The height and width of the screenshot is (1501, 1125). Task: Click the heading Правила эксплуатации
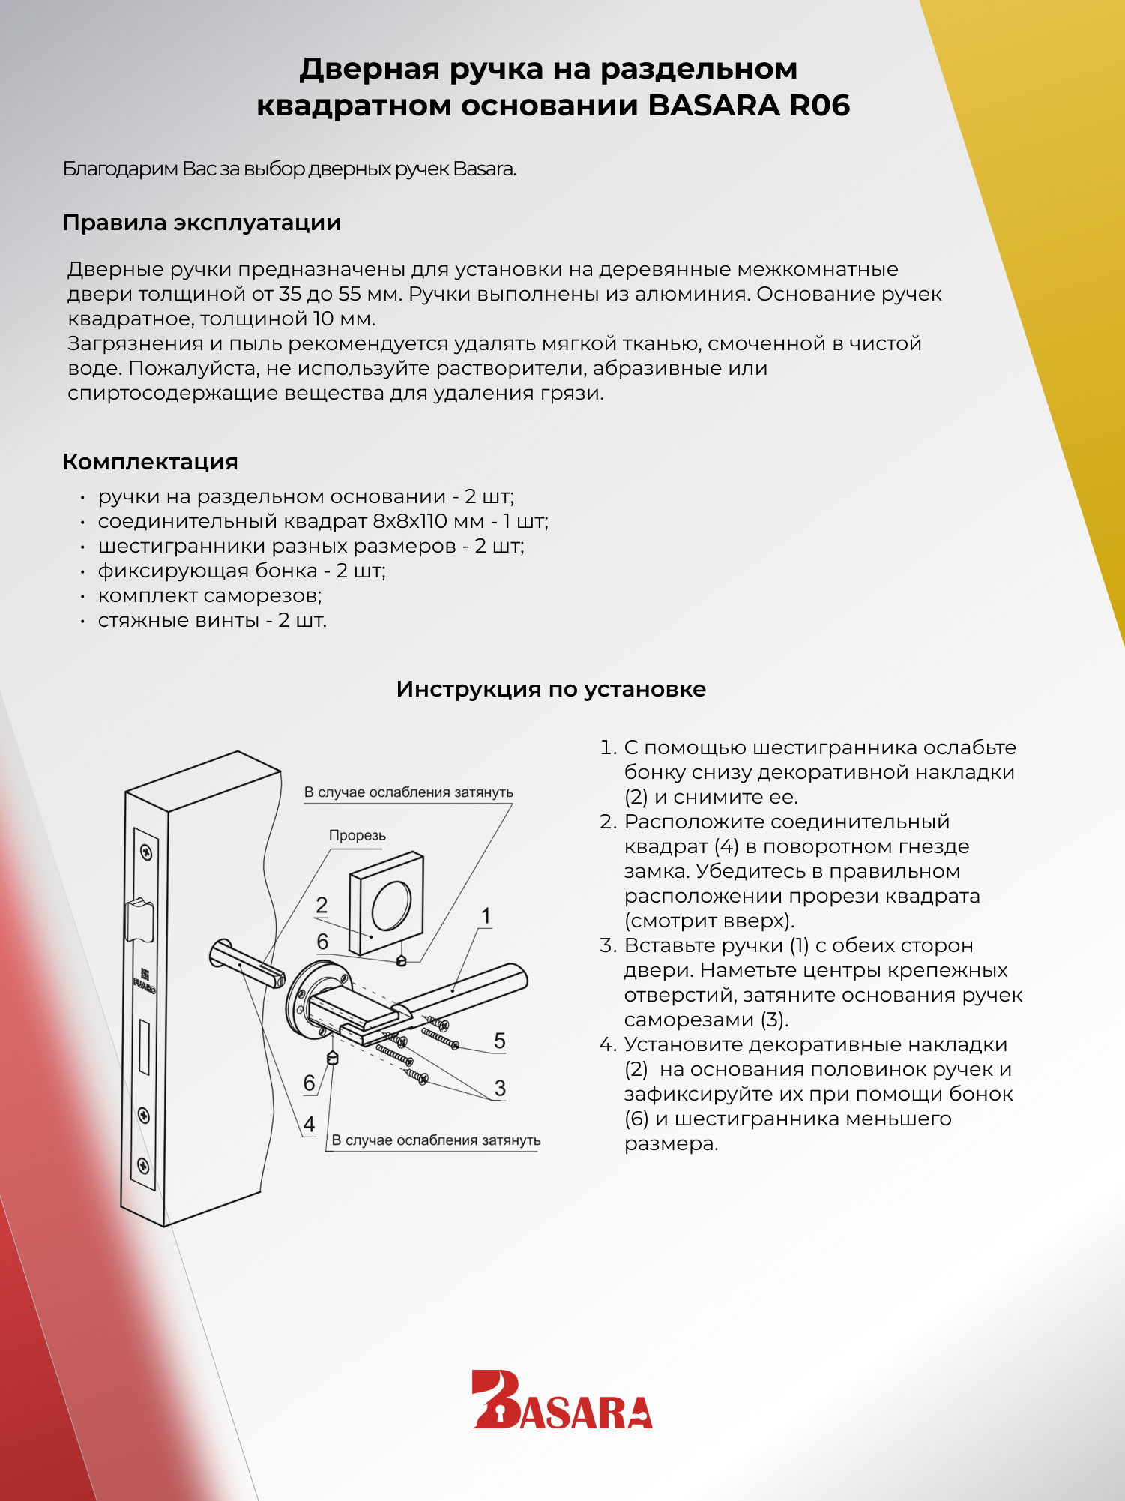[x=202, y=223]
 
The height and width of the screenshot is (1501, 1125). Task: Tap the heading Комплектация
[x=150, y=462]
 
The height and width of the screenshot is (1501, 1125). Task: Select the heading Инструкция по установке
[x=551, y=689]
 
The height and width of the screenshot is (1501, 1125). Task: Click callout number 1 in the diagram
[x=486, y=916]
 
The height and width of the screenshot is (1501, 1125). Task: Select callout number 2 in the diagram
[x=322, y=906]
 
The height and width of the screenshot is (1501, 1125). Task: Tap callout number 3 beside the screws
[x=500, y=1088]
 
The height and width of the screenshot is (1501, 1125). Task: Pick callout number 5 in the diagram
[x=500, y=1041]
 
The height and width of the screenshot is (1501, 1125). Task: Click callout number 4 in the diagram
[x=309, y=1124]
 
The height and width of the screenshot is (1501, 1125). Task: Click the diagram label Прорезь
[x=357, y=836]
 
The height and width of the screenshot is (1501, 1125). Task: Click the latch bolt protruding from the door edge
[x=140, y=919]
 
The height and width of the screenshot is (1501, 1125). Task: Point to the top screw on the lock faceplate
[x=147, y=852]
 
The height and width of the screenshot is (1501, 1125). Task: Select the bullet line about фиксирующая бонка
[x=241, y=571]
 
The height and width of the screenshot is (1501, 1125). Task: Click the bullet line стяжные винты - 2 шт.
[x=212, y=620]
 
